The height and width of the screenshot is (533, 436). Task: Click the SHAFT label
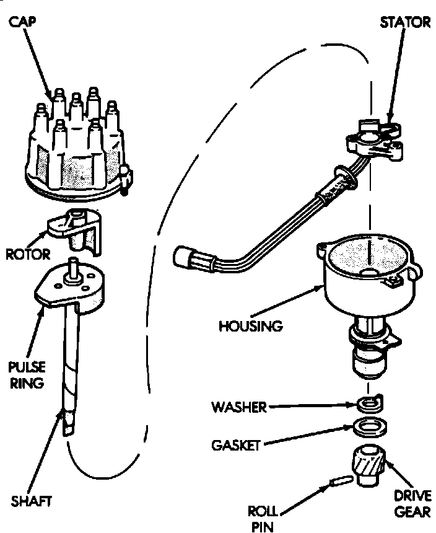[x=32, y=500]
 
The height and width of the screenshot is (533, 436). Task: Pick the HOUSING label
[x=250, y=324]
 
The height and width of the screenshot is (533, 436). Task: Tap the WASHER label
[x=238, y=407]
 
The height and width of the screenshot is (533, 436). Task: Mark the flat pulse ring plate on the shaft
[x=71, y=287]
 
